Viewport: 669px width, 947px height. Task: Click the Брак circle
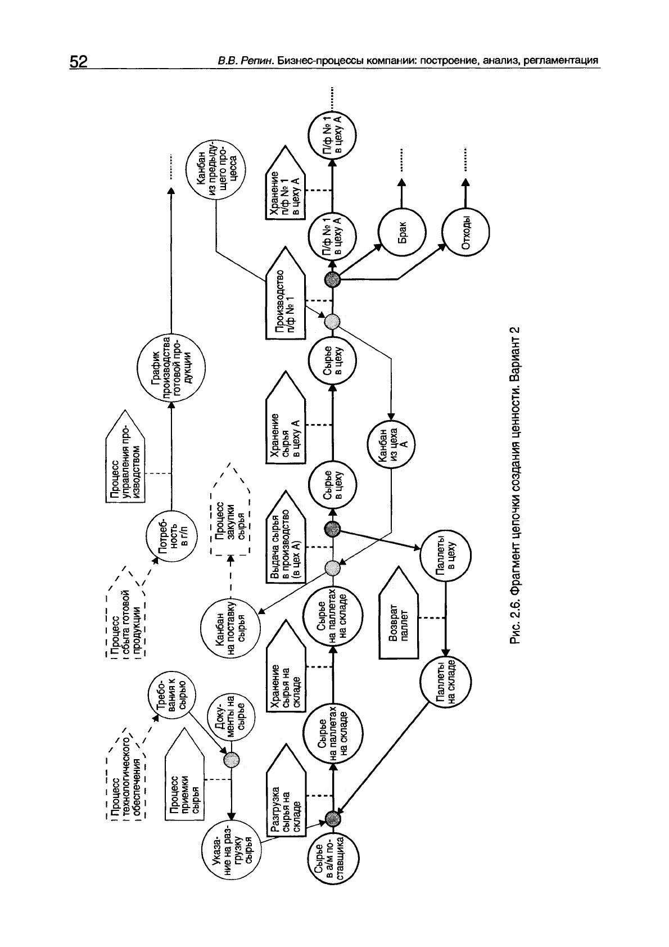point(401,231)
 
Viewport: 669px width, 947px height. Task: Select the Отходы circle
point(465,231)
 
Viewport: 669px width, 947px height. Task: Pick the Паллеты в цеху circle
point(446,556)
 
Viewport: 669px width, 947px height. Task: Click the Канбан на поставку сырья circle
point(230,628)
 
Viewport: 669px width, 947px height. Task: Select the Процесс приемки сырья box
point(184,782)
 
